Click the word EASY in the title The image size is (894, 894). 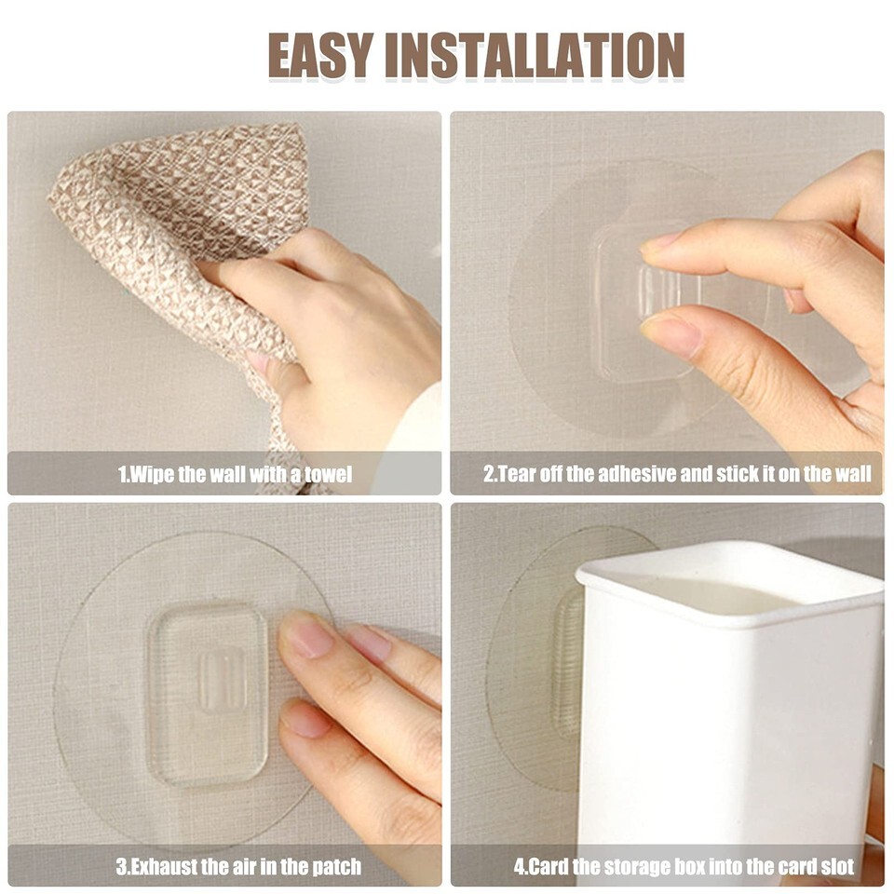(321, 55)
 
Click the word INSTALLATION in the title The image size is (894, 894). (535, 55)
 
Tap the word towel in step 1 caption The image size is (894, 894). (328, 474)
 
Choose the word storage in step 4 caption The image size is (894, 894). (637, 866)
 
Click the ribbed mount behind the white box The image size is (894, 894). (568, 661)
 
